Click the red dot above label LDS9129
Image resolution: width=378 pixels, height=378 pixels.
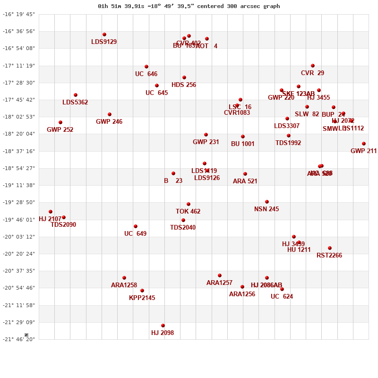[x=104, y=34]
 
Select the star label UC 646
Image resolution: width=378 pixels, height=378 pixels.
[x=146, y=74]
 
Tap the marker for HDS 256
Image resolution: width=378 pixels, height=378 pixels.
[x=184, y=77]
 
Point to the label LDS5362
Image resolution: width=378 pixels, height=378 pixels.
[x=75, y=103]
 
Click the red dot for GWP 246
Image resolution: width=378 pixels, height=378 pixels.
[x=110, y=114]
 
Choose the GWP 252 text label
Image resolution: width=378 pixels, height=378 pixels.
[x=60, y=130]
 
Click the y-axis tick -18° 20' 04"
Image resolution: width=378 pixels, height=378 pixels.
[x=19, y=134]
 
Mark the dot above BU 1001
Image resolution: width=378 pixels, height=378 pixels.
[x=243, y=137]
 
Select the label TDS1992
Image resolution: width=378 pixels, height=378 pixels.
[x=288, y=143]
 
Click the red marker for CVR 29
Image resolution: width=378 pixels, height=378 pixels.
[x=313, y=66]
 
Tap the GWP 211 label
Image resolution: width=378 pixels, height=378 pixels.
[x=363, y=151]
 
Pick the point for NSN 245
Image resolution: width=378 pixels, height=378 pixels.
[x=267, y=202]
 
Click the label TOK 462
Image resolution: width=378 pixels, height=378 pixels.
[x=188, y=212]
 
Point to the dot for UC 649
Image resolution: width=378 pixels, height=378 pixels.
[x=136, y=226]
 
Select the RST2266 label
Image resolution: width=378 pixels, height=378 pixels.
[x=329, y=256]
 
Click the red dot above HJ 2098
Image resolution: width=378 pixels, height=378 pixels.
[x=163, y=326]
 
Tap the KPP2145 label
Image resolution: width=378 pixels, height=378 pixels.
[x=142, y=298]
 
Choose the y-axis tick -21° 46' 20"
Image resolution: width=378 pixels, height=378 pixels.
[x=19, y=339]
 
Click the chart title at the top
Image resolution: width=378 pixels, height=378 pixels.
[x=189, y=6]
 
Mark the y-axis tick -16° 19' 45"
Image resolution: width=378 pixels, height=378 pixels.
[x=19, y=14]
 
